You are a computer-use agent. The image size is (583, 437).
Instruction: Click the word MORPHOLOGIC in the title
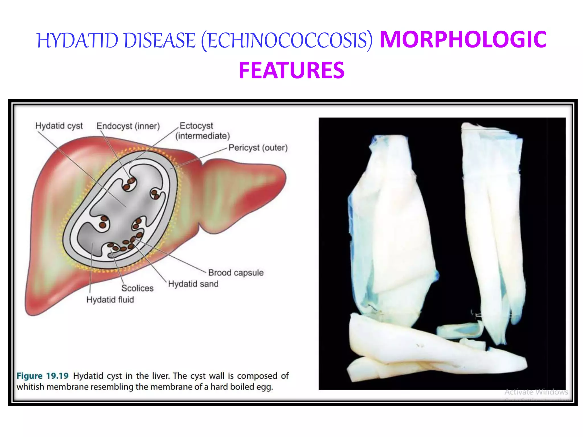click(x=463, y=40)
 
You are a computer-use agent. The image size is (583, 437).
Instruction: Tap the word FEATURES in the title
click(x=291, y=70)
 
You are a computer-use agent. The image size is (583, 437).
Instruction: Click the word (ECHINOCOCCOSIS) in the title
click(x=287, y=40)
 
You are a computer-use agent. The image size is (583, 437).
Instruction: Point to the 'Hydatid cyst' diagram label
click(x=59, y=126)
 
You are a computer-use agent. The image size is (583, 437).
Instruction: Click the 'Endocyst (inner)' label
click(x=128, y=126)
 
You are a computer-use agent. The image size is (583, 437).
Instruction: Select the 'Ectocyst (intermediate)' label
click(x=202, y=131)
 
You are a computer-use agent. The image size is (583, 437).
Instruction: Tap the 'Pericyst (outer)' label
click(x=258, y=148)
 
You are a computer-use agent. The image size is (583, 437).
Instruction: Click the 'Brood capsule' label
click(x=236, y=273)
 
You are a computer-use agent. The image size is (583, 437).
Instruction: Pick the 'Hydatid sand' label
click(x=193, y=284)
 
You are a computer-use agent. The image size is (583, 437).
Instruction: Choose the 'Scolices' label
click(x=137, y=288)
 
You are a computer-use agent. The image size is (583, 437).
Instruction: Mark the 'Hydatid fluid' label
click(x=110, y=300)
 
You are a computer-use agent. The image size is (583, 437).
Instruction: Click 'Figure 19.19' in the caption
click(x=43, y=376)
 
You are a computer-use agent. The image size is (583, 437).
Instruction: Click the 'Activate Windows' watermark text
click(x=536, y=392)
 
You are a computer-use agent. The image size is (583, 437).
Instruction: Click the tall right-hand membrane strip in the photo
click(x=492, y=222)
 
